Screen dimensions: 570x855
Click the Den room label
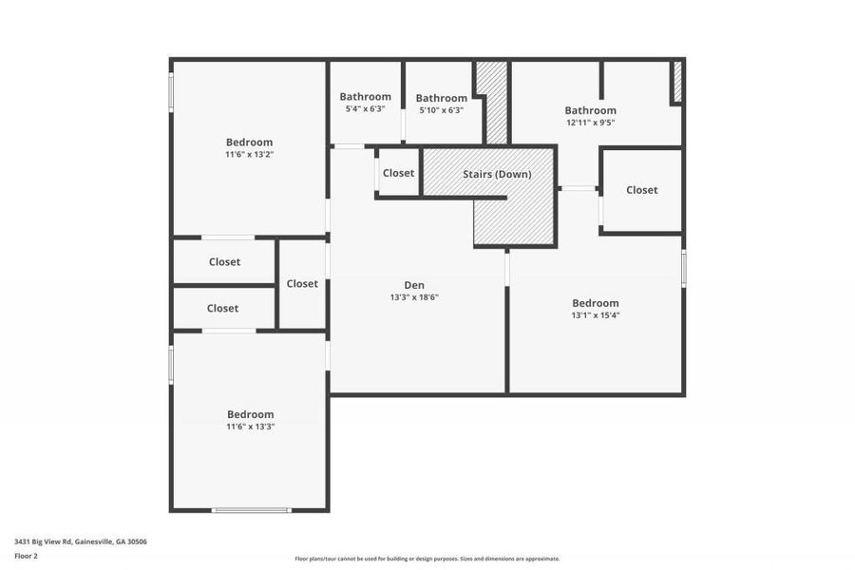pos(414,285)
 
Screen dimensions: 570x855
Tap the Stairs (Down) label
pos(497,174)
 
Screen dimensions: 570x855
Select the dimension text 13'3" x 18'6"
pos(414,297)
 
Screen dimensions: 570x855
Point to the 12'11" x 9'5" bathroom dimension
pos(590,123)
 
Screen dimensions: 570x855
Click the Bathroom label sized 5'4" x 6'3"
pos(365,96)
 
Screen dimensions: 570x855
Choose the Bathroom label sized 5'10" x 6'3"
pos(441,98)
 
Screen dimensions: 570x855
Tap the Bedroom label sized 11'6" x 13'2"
pos(249,142)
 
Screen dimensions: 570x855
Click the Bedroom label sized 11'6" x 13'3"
pos(250,414)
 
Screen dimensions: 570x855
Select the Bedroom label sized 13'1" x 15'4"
pos(595,303)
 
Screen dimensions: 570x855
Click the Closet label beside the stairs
pos(398,173)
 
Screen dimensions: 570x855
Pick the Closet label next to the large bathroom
pos(641,190)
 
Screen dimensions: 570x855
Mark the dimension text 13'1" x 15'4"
pos(595,315)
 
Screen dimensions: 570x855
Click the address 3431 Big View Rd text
pos(80,541)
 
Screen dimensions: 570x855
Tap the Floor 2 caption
pos(27,556)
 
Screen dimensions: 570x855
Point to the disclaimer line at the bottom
pos(427,559)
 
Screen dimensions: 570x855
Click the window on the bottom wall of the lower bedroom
pos(251,511)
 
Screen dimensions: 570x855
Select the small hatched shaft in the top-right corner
pos(677,82)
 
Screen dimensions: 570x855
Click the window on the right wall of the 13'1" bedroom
pos(683,268)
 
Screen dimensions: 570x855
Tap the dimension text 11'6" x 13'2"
pos(249,154)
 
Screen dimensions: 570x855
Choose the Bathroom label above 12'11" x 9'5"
pos(590,110)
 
